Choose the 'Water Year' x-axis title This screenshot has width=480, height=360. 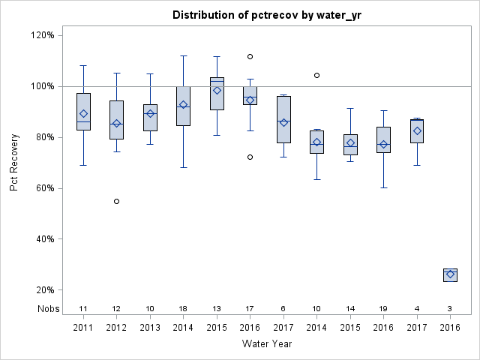click(267, 343)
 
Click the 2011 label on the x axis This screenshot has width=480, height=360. click(83, 328)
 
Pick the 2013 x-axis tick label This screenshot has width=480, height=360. click(150, 328)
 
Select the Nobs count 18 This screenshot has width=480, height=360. click(183, 308)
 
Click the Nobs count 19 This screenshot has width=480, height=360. click(383, 308)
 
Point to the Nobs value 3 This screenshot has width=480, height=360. click(450, 308)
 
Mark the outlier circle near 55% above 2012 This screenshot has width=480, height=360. click(116, 201)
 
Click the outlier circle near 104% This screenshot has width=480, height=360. click(316, 75)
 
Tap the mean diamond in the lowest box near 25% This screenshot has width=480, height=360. click(450, 274)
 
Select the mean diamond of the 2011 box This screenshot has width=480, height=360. click(83, 114)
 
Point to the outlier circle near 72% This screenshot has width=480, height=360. click(250, 157)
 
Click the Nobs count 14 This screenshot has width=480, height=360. click(350, 308)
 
